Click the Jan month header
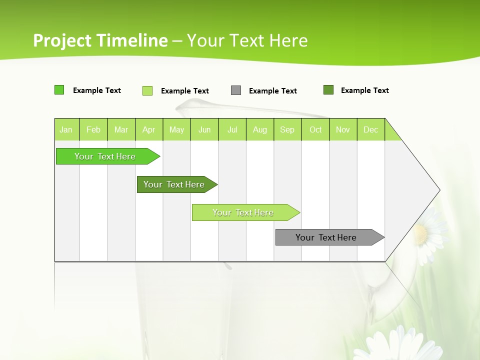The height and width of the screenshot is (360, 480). pyautogui.click(x=66, y=129)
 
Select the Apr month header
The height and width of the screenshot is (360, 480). pyautogui.click(x=149, y=129)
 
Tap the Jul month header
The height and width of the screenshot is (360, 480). pyautogui.click(x=232, y=129)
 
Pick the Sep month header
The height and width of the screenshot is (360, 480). pyautogui.click(x=287, y=129)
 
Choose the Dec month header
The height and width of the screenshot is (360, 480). pyautogui.click(x=370, y=129)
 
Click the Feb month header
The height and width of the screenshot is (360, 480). pyautogui.click(x=93, y=129)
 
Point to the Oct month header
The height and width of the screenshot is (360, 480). pyautogui.click(x=315, y=129)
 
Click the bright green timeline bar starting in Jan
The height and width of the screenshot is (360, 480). pyautogui.click(x=105, y=156)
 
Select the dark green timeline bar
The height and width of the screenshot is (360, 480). pyautogui.click(x=174, y=184)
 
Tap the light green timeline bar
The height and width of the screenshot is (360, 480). pyautogui.click(x=243, y=212)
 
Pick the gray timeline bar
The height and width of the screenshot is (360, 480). pyautogui.click(x=326, y=237)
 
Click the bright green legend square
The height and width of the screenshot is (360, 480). pyautogui.click(x=59, y=90)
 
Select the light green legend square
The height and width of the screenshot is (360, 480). pyautogui.click(x=147, y=90)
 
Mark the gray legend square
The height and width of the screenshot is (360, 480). pyautogui.click(x=236, y=90)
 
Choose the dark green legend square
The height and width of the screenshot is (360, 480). pyautogui.click(x=328, y=90)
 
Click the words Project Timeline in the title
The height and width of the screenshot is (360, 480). pyautogui.click(x=100, y=40)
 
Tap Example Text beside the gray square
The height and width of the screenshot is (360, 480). pyautogui.click(x=273, y=91)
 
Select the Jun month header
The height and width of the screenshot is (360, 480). pyautogui.click(x=204, y=129)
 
